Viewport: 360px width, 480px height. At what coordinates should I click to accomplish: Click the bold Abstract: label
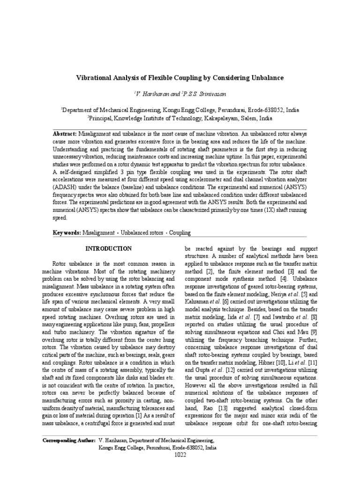[x=65, y=134]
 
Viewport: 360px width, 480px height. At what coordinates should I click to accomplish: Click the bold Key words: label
[x=67, y=232]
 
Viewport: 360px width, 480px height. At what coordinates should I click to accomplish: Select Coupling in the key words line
[x=180, y=232]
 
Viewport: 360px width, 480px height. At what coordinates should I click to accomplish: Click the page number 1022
[x=180, y=454]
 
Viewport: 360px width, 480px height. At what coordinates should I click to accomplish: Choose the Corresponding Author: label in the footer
[x=68, y=441]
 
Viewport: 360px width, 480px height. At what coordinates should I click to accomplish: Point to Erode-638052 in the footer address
[x=186, y=448]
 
